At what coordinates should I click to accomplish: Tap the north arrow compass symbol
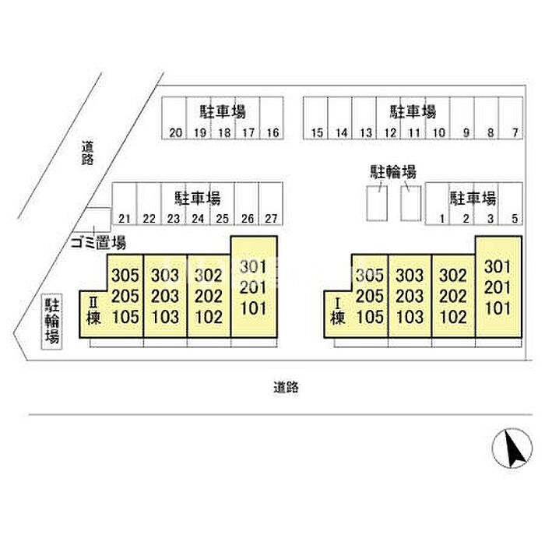point(512,448)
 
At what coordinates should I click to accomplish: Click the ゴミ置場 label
point(98,242)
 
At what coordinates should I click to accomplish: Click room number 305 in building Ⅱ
point(125,276)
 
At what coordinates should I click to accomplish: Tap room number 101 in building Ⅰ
point(498,308)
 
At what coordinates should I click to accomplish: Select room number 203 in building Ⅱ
point(165,296)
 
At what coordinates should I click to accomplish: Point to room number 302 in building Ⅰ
point(453,276)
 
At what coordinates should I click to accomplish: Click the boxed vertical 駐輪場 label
point(52,322)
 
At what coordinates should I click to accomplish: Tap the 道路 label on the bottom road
point(286,387)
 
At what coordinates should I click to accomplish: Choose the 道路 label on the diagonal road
point(87,153)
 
